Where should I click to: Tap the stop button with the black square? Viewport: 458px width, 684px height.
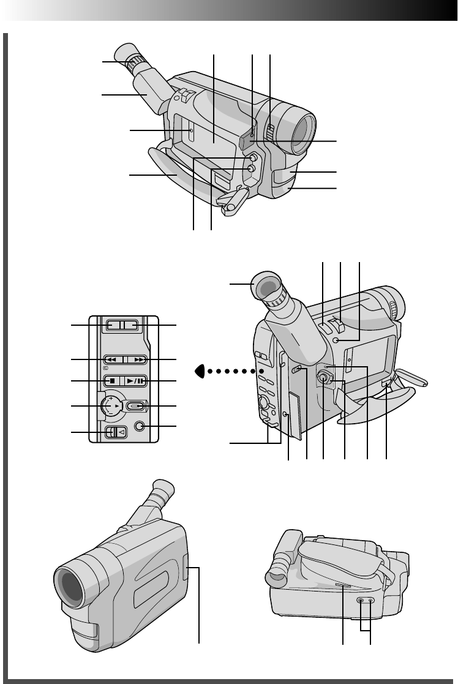point(112,380)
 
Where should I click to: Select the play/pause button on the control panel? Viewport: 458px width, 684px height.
point(135,380)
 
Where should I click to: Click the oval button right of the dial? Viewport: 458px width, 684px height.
point(137,405)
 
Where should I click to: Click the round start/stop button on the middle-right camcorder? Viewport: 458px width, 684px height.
point(323,379)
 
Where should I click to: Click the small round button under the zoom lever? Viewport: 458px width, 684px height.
point(336,340)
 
